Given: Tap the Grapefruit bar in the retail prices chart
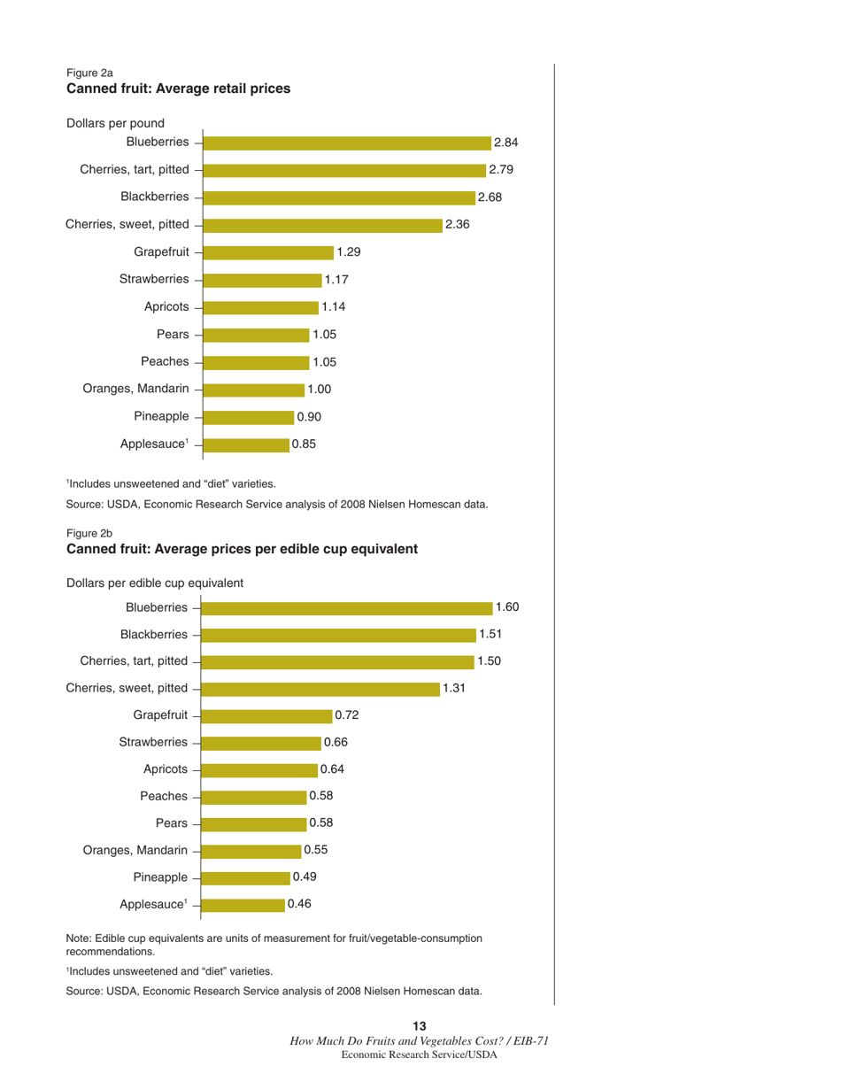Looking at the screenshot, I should click(269, 252).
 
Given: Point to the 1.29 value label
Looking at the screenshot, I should click(349, 252).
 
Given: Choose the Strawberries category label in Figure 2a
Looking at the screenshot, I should click(154, 280).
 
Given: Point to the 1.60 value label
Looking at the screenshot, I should click(507, 606).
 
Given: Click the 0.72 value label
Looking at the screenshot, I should click(346, 714).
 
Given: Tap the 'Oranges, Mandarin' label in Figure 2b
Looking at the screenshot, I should click(127, 850).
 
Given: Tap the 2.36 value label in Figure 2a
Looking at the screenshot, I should click(457, 225).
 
